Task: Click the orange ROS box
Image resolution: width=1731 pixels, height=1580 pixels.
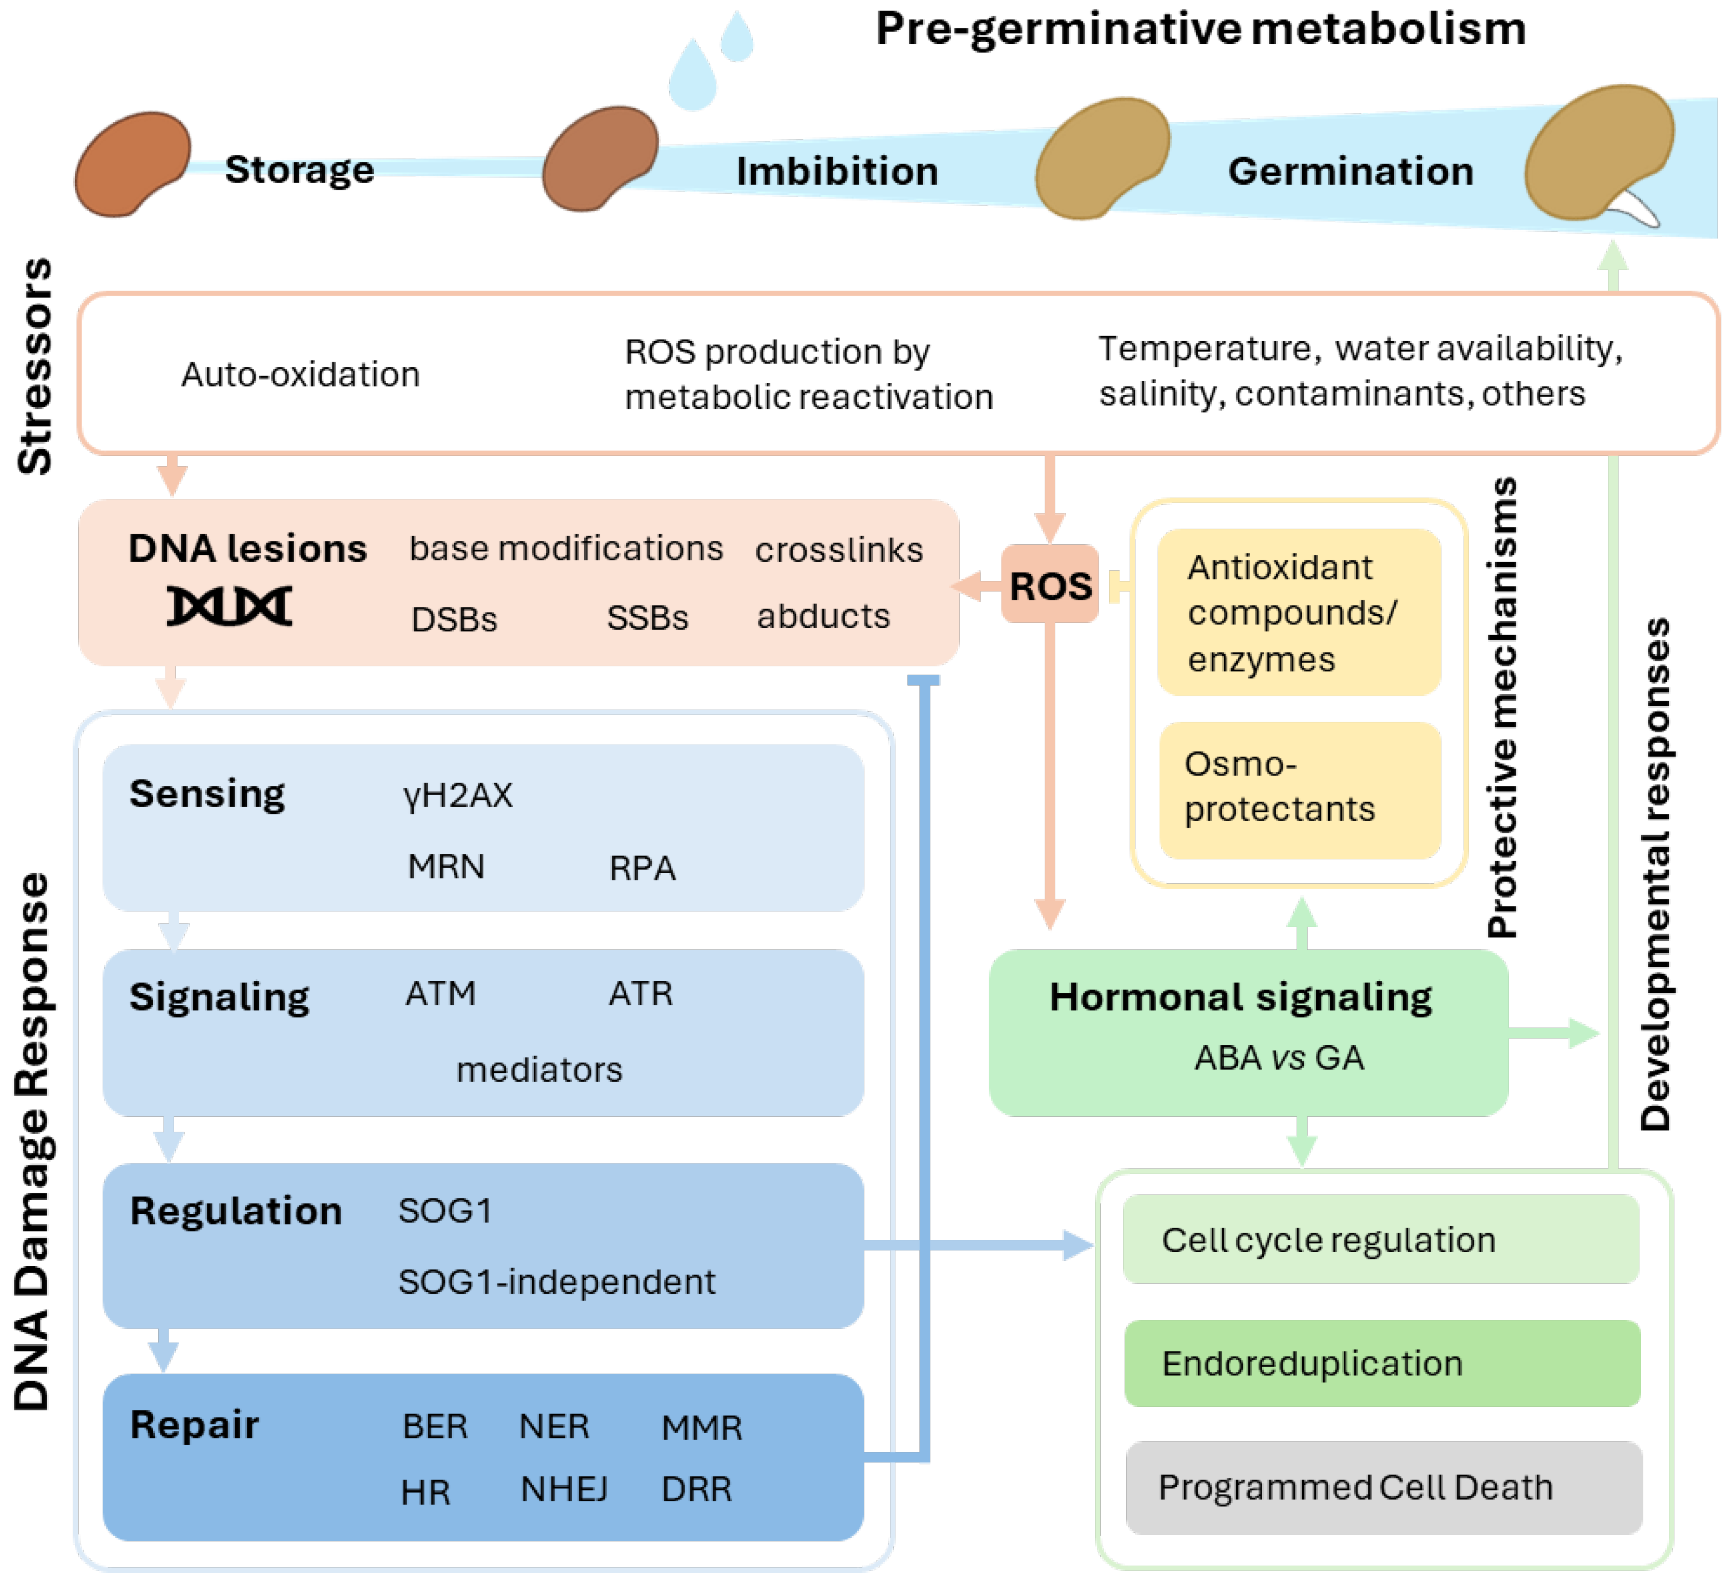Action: coord(1049,586)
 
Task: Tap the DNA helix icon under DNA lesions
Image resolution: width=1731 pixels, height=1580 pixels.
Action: coord(229,606)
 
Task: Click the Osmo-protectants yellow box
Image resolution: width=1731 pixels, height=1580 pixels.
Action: coord(1299,788)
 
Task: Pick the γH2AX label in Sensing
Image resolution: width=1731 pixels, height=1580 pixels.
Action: coord(458,795)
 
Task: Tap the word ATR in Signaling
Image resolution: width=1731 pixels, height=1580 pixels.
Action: coord(641,994)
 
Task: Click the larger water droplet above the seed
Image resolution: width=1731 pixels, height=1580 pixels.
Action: coord(692,75)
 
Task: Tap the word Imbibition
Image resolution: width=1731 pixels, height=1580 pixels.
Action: coord(837,171)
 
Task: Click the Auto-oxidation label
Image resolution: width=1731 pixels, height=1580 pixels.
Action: coord(301,374)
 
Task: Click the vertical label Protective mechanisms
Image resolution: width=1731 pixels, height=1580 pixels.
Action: coord(1502,708)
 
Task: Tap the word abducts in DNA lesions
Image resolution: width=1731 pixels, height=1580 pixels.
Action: coord(823,616)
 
